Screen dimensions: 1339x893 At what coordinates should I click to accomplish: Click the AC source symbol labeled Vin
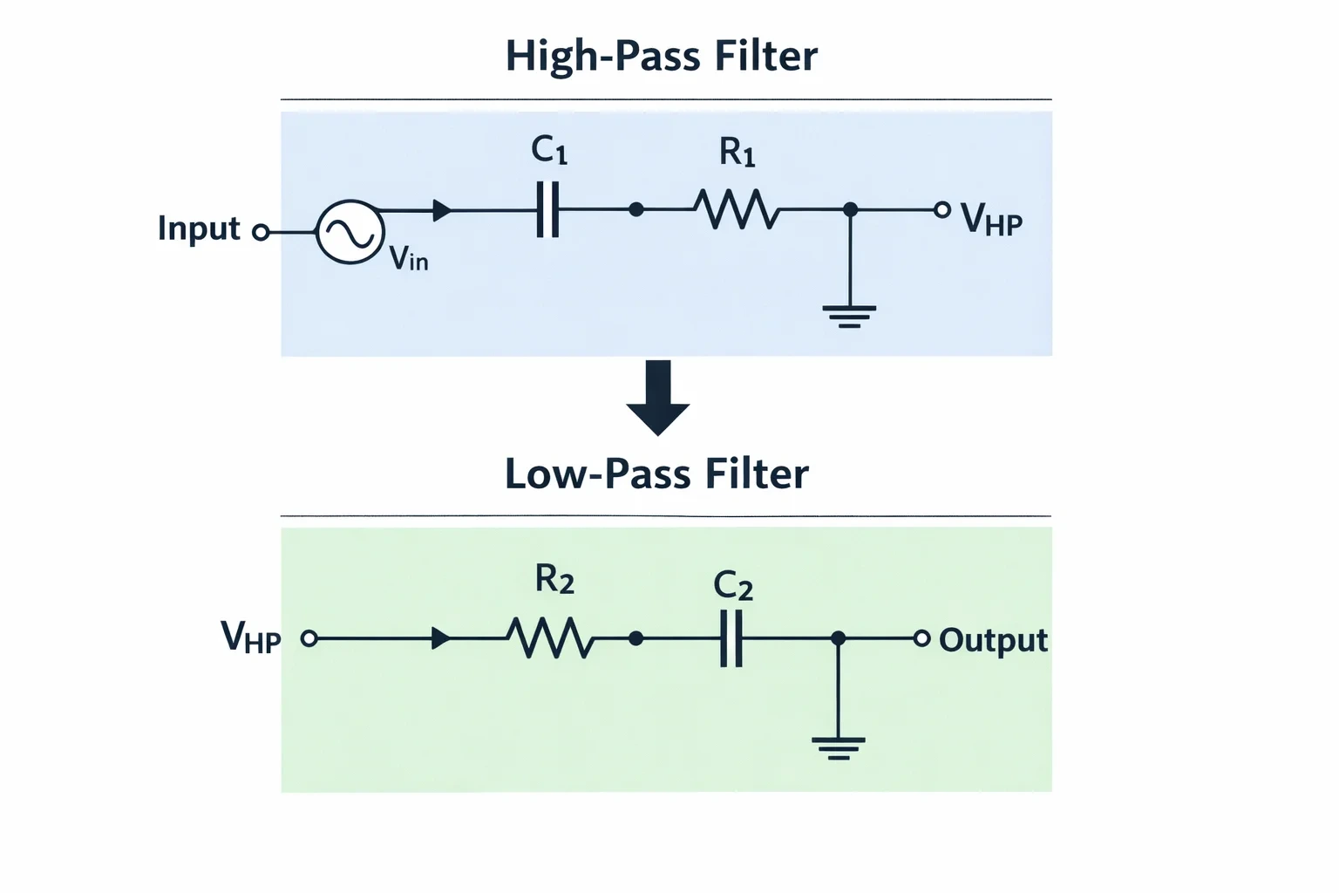coord(350,231)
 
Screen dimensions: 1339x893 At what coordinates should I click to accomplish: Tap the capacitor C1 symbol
coord(547,209)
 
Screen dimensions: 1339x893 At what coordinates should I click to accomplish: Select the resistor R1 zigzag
coord(737,209)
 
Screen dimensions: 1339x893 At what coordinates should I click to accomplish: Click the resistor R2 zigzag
coord(551,638)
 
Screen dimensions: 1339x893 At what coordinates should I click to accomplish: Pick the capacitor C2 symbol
coord(731,638)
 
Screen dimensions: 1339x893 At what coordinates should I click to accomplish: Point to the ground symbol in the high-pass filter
coord(849,317)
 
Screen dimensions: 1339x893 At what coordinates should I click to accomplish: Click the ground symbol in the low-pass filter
coord(839,748)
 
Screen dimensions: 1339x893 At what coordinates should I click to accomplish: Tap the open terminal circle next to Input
coord(261,231)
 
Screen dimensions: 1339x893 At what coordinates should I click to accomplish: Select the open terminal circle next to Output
coord(922,638)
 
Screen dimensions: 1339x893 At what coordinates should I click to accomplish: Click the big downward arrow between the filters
coord(658,398)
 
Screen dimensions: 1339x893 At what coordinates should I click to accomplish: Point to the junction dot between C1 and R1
coord(636,209)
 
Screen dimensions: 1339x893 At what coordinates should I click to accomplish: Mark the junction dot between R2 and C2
coord(636,638)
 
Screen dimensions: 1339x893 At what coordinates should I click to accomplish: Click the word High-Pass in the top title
coord(602,57)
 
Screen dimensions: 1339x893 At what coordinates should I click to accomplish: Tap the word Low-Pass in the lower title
coord(598,474)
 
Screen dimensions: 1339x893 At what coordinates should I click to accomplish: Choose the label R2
coord(554,580)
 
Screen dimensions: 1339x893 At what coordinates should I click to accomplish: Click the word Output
coord(994,641)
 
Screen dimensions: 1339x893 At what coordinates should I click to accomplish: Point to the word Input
coord(199,229)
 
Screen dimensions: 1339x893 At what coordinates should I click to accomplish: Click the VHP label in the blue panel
coord(992,220)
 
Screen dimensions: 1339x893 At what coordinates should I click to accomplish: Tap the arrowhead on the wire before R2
coord(441,638)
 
